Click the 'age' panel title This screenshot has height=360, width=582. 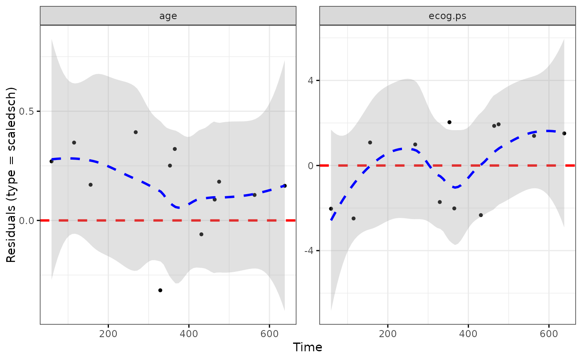(x=168, y=16)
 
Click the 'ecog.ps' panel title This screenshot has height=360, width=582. (x=447, y=16)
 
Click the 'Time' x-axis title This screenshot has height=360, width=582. (x=308, y=347)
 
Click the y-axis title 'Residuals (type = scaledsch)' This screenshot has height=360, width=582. (x=11, y=175)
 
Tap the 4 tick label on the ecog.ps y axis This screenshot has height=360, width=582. (x=311, y=80)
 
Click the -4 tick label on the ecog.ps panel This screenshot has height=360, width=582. (x=309, y=251)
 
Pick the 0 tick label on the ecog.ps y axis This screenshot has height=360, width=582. (x=311, y=165)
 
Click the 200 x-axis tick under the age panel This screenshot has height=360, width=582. (x=108, y=333)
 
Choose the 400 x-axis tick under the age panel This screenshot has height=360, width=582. (x=189, y=333)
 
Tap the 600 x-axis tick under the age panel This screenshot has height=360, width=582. (x=269, y=333)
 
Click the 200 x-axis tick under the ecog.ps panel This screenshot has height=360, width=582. (x=388, y=333)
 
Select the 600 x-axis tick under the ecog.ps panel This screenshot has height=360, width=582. (x=549, y=333)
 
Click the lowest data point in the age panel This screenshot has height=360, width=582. (x=160, y=290)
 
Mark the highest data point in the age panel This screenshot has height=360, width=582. (x=136, y=132)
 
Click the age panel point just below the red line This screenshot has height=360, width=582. (x=201, y=234)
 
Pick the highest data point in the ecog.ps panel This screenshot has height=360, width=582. (x=449, y=122)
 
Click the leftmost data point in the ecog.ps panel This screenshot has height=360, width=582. (x=331, y=209)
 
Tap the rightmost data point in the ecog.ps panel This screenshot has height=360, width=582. (x=564, y=133)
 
